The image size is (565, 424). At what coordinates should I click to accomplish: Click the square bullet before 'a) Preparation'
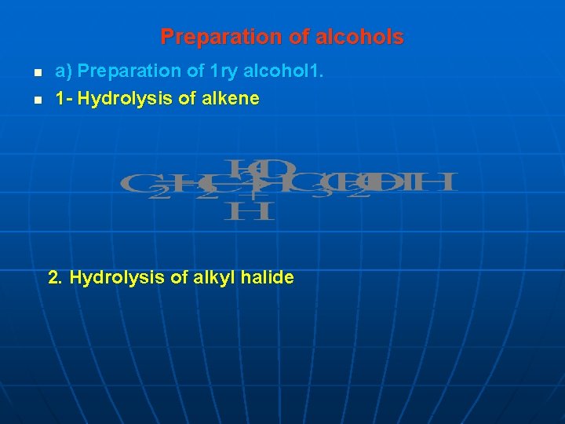tap(37, 74)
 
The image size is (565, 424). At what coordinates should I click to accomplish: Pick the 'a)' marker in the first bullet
tap(64, 71)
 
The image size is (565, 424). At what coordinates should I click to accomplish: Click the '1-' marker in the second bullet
tap(64, 99)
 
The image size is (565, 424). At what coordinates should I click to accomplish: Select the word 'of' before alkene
tap(180, 99)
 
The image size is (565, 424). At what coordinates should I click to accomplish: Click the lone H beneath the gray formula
tap(249, 210)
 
